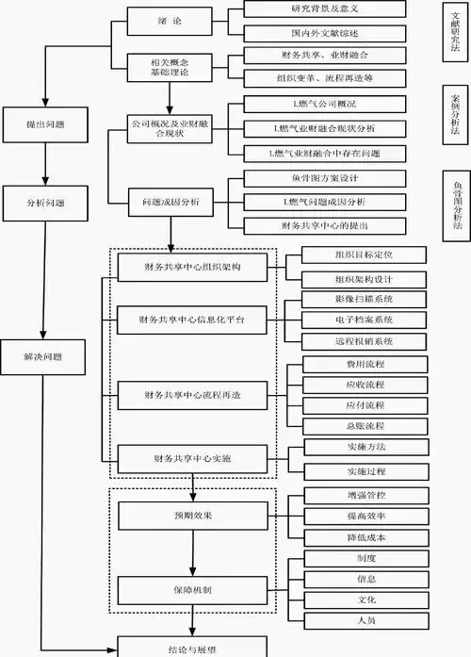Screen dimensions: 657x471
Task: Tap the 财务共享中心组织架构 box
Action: [x=193, y=268]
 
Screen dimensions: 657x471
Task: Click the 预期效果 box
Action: [x=193, y=517]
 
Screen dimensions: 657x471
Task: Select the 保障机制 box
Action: [x=193, y=590]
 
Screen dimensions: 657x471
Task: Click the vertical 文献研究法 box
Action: [x=457, y=34]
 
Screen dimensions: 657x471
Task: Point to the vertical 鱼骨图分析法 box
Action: [x=457, y=209]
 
